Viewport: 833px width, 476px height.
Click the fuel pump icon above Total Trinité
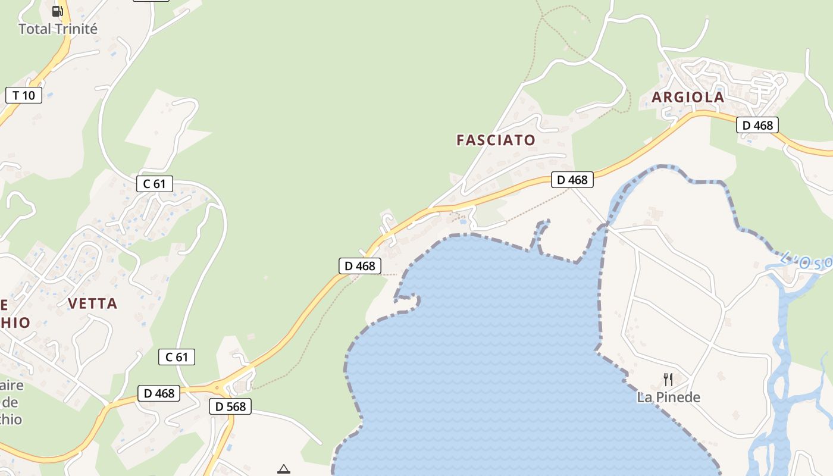(58, 11)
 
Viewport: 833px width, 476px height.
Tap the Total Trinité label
(58, 29)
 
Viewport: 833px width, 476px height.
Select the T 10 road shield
(24, 95)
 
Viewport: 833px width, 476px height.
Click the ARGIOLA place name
(688, 97)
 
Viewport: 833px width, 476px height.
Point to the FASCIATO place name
(496, 140)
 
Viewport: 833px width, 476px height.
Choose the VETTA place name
(92, 303)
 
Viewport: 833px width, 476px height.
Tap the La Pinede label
(668, 397)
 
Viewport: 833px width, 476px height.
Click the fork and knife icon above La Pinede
(668, 379)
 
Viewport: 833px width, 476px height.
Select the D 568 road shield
(230, 407)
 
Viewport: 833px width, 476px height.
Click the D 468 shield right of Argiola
(757, 125)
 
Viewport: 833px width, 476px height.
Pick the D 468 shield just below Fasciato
(572, 179)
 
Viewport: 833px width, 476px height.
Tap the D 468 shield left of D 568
(159, 393)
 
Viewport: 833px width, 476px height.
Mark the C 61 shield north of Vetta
(155, 184)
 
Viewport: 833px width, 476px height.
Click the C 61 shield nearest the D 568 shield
(177, 357)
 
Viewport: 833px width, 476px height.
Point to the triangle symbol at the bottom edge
(284, 469)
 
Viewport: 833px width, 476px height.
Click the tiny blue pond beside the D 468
(463, 222)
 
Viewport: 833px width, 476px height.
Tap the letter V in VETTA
(73, 303)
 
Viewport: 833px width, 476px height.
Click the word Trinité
(76, 29)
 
